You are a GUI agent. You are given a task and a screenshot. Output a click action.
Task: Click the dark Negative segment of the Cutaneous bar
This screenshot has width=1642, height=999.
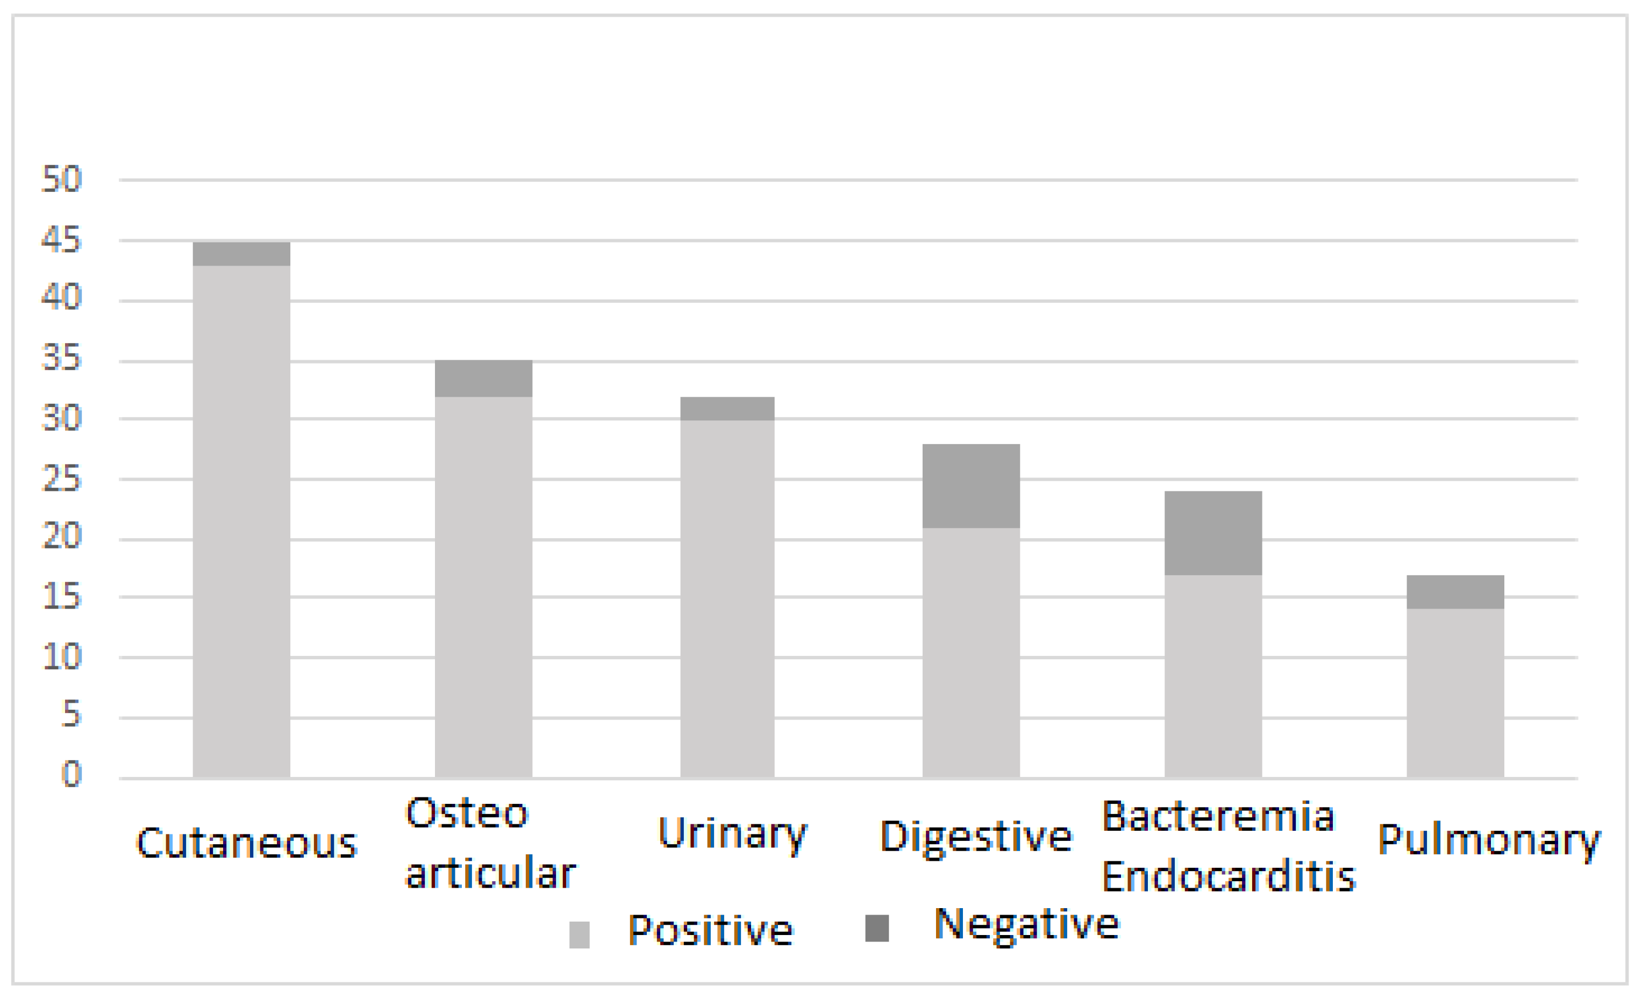pos(241,254)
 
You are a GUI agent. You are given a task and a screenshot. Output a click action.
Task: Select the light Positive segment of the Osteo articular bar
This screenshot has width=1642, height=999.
pos(483,587)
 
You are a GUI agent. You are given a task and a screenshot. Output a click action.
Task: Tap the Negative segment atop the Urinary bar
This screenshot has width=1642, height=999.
pos(727,408)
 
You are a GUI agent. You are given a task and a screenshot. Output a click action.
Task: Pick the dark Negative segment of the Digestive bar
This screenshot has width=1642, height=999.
pos(971,486)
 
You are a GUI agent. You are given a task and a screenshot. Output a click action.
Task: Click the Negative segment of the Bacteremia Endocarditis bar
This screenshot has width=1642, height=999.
pos(1213,533)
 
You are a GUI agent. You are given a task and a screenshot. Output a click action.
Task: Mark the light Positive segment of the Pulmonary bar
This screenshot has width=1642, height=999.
pos(1455,693)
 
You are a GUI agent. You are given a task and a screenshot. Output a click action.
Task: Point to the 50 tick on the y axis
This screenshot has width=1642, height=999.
pos(61,179)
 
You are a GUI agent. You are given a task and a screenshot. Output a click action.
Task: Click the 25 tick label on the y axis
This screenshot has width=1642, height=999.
pos(61,479)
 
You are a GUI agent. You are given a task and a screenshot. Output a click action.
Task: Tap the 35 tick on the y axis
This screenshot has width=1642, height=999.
pos(61,359)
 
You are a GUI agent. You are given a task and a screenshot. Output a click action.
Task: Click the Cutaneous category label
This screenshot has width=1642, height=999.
pos(247,843)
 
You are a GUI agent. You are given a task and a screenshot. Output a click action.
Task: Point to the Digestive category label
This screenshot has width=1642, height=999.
pos(976,837)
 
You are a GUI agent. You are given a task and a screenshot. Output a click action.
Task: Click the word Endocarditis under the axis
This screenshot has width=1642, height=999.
pos(1228,876)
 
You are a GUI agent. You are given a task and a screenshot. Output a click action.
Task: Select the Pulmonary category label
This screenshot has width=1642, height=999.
pos(1488,840)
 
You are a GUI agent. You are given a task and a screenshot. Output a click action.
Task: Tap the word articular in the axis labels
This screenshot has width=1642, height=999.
pos(490,873)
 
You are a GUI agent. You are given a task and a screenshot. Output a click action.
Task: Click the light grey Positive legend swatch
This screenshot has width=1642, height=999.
pos(579,934)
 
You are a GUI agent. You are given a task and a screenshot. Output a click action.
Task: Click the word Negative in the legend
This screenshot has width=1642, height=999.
pos(1026,925)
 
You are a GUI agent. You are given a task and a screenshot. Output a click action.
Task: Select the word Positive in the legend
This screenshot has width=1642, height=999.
pos(710,930)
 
